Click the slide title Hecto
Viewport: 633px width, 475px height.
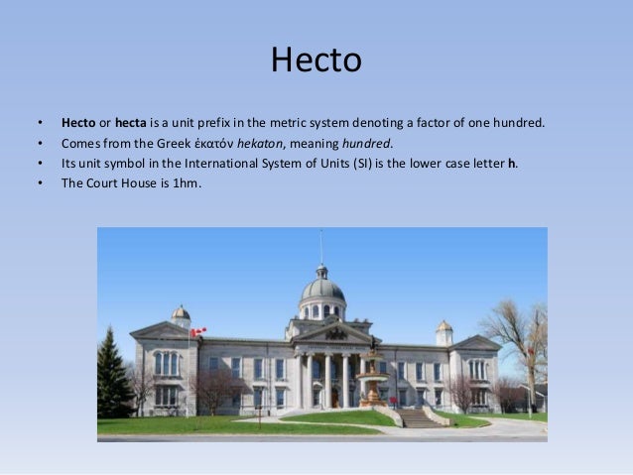[x=316, y=61]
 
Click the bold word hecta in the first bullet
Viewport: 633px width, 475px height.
[x=131, y=124]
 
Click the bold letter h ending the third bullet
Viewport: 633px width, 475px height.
[x=512, y=163]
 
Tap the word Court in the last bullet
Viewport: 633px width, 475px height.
[x=105, y=181]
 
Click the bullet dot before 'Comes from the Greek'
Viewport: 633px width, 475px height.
[x=40, y=143]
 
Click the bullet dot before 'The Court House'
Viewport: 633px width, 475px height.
[x=40, y=181]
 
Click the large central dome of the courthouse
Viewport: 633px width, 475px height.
[x=322, y=291]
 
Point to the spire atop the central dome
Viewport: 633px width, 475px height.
[x=321, y=248]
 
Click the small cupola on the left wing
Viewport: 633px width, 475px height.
[x=180, y=315]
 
